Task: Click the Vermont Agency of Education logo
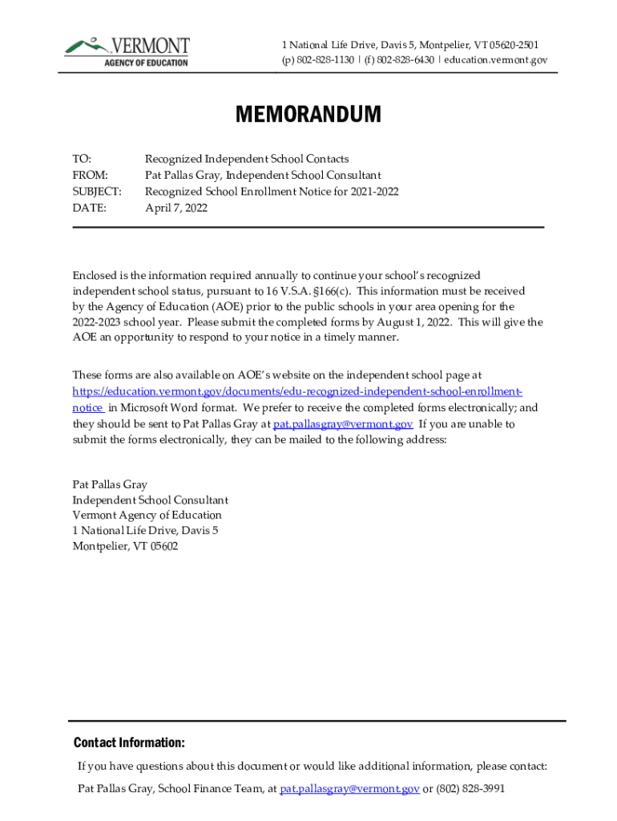coord(127,51)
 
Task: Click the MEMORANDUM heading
coord(308,115)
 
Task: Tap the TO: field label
coord(82,159)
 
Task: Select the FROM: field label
coord(90,175)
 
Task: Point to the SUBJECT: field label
coord(97,192)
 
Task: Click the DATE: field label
coord(89,208)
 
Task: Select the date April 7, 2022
coord(175,208)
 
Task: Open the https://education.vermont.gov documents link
coord(297,391)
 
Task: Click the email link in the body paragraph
coord(343,424)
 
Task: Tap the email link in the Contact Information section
coord(349,789)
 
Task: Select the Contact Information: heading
coord(129,742)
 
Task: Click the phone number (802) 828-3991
coord(470,789)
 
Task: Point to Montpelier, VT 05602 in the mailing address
coord(125,546)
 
